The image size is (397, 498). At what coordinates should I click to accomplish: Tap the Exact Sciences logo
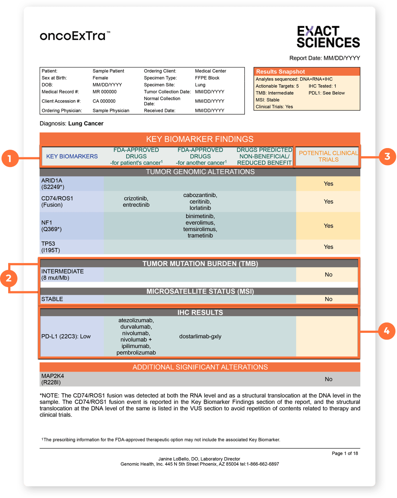pos(328,37)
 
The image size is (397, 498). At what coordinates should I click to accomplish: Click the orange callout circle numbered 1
pos(10,158)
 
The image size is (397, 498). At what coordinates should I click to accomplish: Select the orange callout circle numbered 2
pos(9,278)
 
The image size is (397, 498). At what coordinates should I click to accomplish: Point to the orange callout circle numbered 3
pos(387,156)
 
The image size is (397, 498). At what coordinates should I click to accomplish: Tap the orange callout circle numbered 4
pos(386,331)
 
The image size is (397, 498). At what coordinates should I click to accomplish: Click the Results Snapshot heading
pos(280,72)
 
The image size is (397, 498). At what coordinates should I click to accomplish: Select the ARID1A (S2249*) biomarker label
pos(52,184)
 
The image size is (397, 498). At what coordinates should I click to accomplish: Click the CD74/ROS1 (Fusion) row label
pos(57,202)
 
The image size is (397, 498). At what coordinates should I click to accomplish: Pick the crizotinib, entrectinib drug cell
pos(136,202)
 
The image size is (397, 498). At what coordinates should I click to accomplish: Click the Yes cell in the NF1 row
pos(328,226)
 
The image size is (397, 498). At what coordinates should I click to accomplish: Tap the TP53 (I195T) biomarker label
pos(50,247)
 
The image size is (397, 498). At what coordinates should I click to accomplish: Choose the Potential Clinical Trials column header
pos(328,156)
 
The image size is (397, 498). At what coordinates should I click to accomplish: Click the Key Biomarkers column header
pos(72,156)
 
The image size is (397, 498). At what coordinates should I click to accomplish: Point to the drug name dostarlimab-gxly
pos(200,336)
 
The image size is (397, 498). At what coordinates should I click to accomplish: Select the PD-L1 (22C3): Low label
pos(66,336)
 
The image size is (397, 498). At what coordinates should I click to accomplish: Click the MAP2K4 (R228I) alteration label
pos(52,379)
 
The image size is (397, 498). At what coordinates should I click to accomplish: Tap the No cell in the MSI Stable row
pos(328,299)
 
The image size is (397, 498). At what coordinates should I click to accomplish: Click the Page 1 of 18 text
pos(345,453)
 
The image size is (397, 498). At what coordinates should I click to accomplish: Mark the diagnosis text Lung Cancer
pos(86,124)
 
